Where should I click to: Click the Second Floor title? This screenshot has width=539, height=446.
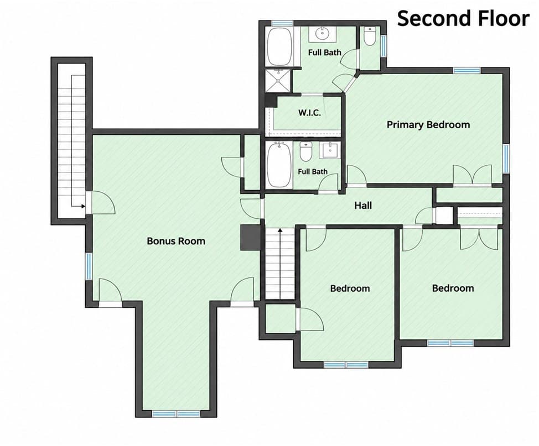[463, 19]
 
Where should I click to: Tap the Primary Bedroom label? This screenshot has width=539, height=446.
[428, 125]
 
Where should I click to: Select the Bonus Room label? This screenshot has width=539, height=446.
[176, 241]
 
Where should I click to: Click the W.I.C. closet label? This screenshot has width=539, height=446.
[309, 113]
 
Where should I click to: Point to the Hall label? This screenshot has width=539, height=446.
[363, 206]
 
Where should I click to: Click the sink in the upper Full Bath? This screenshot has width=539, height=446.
[323, 34]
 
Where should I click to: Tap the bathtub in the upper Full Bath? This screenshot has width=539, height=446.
[279, 46]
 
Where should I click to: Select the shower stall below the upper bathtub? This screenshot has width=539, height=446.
[278, 81]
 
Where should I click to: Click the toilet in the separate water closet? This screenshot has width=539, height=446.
[370, 36]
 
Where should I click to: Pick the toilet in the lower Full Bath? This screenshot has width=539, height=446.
[305, 152]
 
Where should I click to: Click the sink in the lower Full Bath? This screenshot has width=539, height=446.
[330, 150]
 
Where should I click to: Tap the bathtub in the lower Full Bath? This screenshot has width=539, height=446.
[279, 165]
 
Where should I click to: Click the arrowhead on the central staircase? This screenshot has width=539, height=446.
[280, 230]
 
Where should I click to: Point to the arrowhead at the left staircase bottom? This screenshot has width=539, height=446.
[82, 206]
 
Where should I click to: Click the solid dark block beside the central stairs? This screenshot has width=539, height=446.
[250, 238]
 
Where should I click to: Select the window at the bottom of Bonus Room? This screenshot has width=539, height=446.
[176, 414]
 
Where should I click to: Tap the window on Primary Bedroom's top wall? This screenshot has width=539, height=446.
[467, 71]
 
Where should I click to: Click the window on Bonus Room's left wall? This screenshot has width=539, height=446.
[89, 266]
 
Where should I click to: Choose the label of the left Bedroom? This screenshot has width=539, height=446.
[350, 288]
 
